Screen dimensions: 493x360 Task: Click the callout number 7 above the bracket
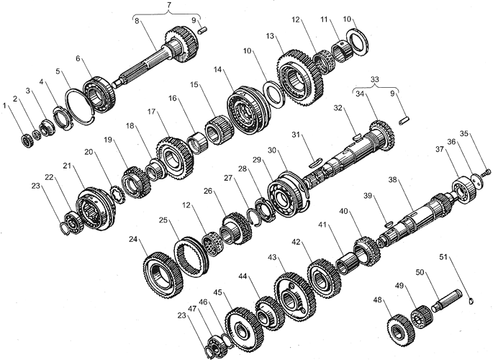[169, 6]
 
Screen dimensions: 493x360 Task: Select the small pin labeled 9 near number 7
[203, 30]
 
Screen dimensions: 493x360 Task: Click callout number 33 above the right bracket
[375, 79]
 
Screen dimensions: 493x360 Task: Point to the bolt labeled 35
[487, 171]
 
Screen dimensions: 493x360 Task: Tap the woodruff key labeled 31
[315, 163]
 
